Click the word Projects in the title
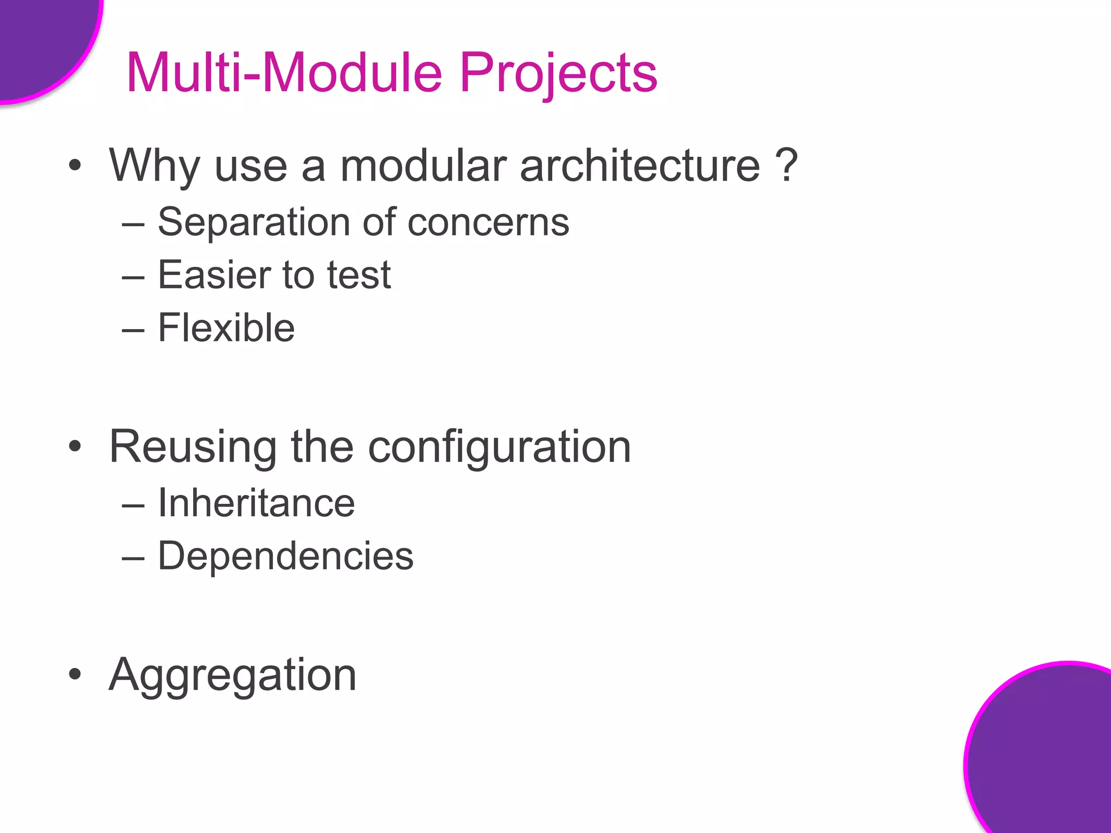click(559, 73)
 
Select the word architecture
click(640, 165)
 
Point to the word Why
click(155, 165)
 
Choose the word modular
click(423, 165)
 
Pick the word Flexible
click(226, 328)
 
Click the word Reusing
click(193, 447)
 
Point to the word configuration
click(499, 447)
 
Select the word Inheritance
click(256, 503)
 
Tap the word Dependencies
click(285, 556)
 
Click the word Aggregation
click(232, 675)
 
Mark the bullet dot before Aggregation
click(75, 675)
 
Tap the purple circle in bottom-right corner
click(1047, 759)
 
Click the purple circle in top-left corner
click(43, 43)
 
